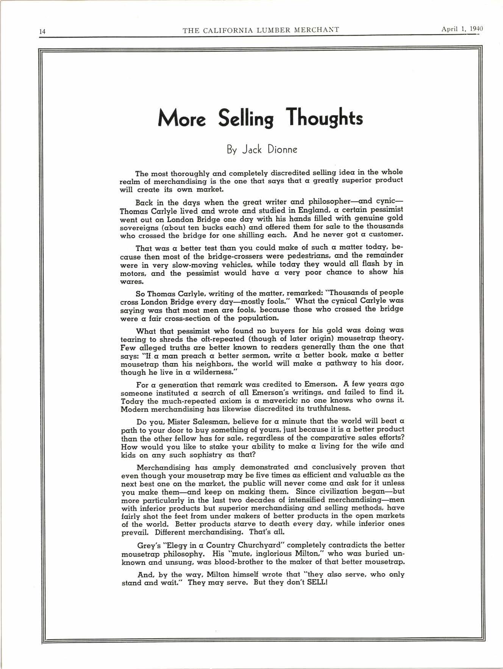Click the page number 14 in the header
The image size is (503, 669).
[42, 32]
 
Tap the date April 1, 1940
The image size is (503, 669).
[463, 30]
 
